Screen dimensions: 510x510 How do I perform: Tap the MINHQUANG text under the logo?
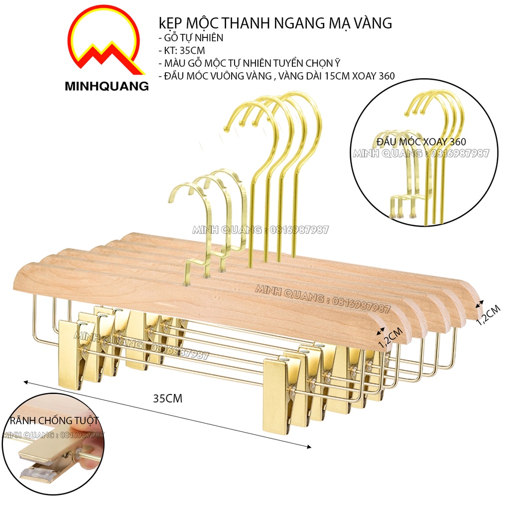click(107, 86)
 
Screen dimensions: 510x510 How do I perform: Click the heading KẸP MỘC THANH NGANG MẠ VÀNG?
click(274, 23)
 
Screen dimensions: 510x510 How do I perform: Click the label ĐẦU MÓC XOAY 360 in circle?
click(421, 142)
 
